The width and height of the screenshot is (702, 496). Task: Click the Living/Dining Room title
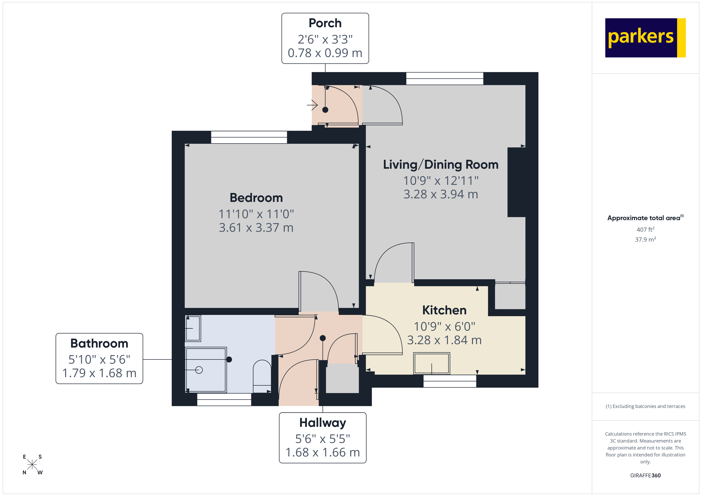point(441,164)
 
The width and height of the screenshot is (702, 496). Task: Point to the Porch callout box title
point(325,23)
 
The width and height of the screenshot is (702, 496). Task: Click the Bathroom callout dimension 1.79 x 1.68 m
point(99,373)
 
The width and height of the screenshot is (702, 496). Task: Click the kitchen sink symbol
point(431,363)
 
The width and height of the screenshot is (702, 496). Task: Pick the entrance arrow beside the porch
point(312,105)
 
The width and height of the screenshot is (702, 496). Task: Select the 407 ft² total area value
point(645,229)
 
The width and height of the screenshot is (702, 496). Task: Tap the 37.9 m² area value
point(645,239)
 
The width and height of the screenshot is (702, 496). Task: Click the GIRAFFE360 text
point(645,475)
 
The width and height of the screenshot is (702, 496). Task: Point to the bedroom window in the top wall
point(249,137)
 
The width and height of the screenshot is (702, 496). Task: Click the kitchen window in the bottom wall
point(449,381)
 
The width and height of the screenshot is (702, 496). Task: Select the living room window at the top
point(445,78)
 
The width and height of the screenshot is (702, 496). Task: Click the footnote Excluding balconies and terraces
point(645,406)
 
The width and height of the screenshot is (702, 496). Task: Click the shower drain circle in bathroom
point(199,370)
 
